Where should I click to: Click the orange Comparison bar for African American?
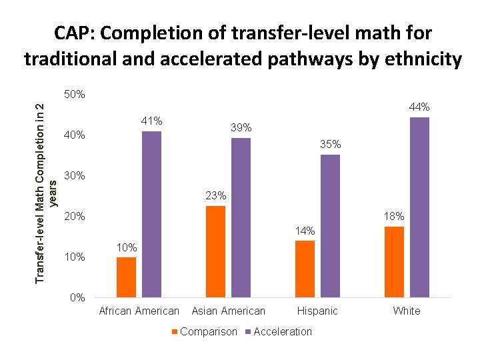pos(126,277)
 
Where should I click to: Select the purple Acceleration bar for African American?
pos(151,214)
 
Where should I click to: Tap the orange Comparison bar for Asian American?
pos(215,251)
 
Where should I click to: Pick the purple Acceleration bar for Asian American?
pos(241,217)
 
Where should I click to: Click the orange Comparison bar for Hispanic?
pos(305,269)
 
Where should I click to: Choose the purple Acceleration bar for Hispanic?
pos(330,225)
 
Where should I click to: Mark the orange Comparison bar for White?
pos(394,261)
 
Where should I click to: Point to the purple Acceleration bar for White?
pos(419,207)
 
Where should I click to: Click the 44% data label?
pos(419,107)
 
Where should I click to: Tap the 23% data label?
pos(216,196)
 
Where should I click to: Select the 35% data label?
pos(330,144)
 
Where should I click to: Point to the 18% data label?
pos(394,217)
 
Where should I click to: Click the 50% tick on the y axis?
pos(75,95)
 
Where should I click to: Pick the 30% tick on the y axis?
pos(75,176)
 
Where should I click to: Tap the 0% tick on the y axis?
pos(77,298)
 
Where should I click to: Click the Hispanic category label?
pos(317,311)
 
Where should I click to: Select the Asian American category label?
pos(228,311)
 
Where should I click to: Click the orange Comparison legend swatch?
pos(175,332)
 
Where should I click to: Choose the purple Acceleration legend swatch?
pos(248,332)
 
